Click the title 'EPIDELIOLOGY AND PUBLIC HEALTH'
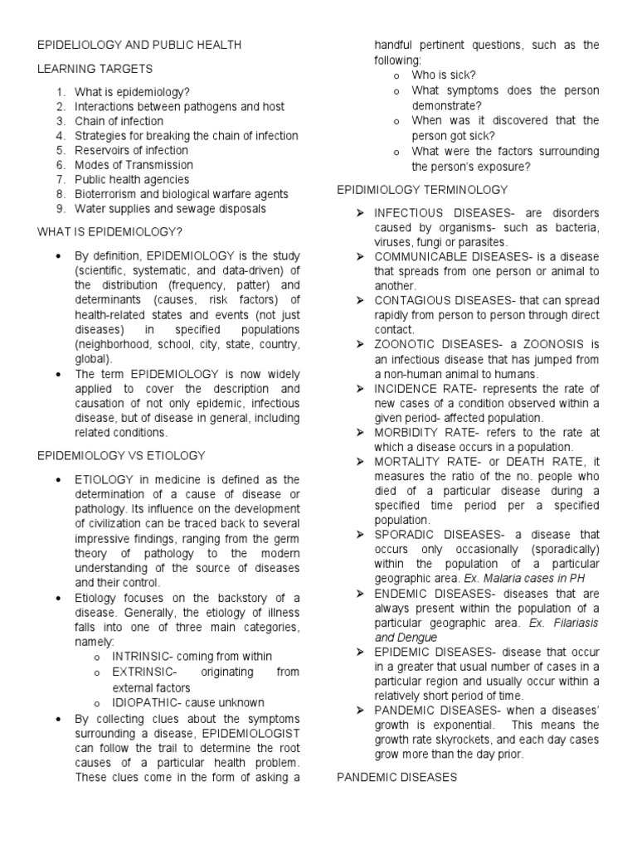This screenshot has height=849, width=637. point(139,44)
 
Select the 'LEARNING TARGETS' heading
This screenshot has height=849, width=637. point(95,68)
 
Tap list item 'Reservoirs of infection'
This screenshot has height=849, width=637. point(131,150)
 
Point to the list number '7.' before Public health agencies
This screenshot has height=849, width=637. point(61,179)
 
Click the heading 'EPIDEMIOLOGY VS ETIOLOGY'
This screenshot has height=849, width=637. point(121,455)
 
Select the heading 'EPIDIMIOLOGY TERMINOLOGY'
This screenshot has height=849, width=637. point(422,190)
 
